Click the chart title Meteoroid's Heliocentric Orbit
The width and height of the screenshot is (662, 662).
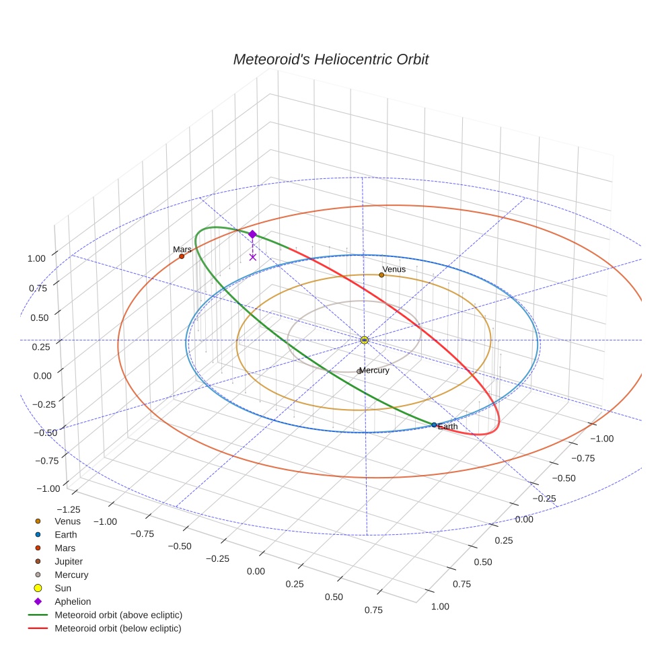tap(330, 59)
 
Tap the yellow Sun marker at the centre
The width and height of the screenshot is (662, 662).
tap(364, 340)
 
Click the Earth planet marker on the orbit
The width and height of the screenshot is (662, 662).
tap(434, 425)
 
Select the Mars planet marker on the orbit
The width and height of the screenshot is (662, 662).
tap(182, 256)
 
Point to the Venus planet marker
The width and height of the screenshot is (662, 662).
tap(381, 275)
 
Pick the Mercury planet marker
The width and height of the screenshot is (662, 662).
tap(359, 371)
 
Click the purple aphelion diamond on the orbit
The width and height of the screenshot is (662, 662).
tap(252, 234)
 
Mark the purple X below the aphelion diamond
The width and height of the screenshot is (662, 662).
tap(252, 257)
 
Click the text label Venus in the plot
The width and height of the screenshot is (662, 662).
tap(394, 269)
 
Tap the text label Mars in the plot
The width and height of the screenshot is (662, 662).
tap(182, 249)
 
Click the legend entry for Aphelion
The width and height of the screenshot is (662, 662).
tap(73, 601)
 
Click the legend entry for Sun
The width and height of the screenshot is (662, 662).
tap(63, 588)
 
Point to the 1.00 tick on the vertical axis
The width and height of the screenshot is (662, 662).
tap(38, 258)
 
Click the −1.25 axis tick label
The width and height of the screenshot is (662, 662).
tap(70, 510)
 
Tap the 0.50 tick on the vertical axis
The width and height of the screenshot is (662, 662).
tap(40, 317)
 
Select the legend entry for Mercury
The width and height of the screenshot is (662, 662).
tap(71, 575)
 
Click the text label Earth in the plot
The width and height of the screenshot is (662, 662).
tap(447, 427)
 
